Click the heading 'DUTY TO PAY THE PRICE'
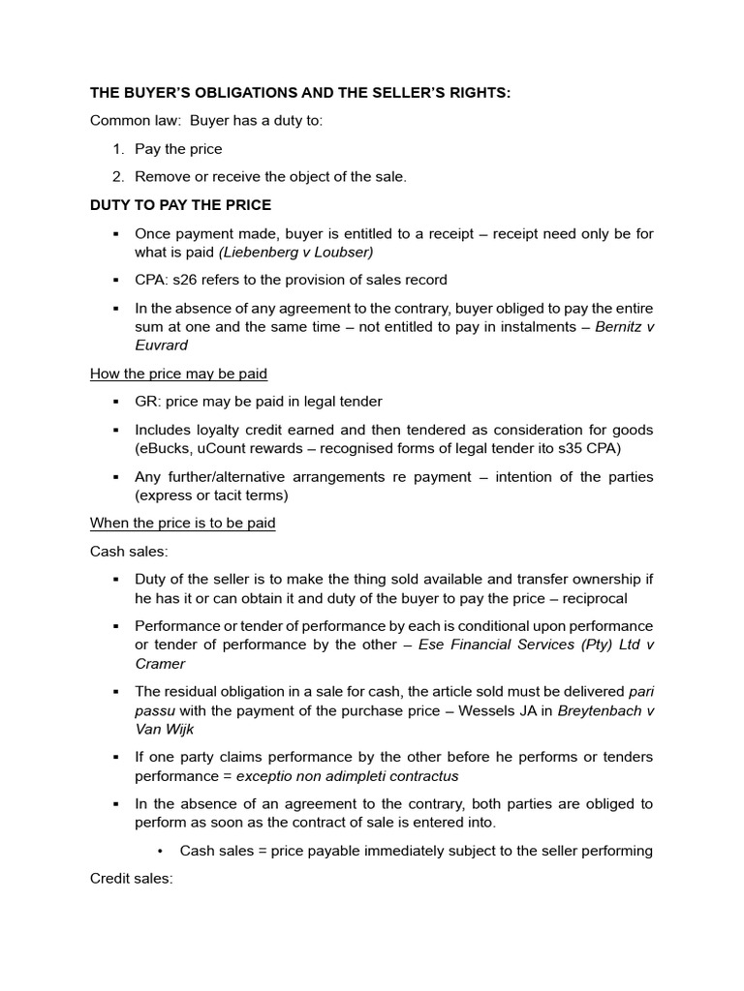pos(180,205)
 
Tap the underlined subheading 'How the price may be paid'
pos(178,374)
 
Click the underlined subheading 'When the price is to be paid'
pos(183,523)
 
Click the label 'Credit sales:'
pos(131,879)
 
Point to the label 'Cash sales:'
pos(129,551)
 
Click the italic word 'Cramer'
pos(160,664)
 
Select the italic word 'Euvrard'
pos(162,345)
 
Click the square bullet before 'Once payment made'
pos(115,233)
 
